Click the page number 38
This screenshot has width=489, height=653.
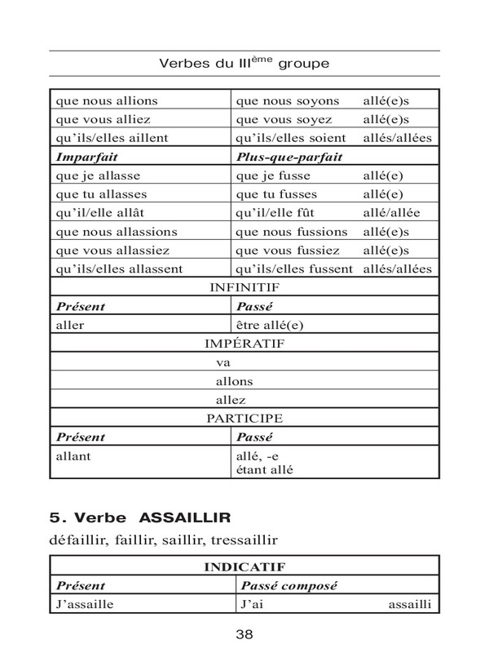[244, 634]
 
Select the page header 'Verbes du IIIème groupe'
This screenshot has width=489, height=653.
[244, 63]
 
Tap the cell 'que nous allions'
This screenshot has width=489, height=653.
[107, 101]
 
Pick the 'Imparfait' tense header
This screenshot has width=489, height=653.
[86, 157]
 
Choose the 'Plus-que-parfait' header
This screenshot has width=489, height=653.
[289, 157]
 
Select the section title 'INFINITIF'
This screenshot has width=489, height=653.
[244, 287]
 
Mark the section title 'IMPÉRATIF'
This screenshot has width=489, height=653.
[244, 344]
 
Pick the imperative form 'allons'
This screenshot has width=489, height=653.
[234, 381]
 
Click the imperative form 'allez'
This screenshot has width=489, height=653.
[231, 400]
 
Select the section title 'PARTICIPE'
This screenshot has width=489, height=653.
[244, 418]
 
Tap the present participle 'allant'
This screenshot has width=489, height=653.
[73, 456]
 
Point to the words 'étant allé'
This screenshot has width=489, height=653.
[263, 469]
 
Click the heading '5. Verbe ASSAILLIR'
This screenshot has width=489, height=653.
[141, 517]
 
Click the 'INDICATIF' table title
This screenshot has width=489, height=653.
[244, 565]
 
